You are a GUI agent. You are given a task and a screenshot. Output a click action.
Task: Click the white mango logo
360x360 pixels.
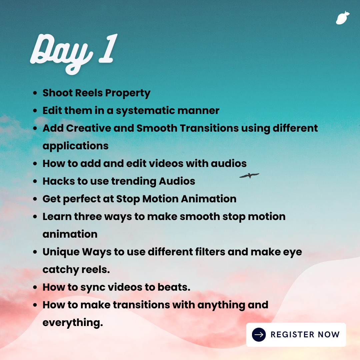(x=343, y=18)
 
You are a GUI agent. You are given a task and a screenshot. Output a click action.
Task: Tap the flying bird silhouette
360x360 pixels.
(x=249, y=176)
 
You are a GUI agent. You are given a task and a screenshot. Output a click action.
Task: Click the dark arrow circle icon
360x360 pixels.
(x=259, y=335)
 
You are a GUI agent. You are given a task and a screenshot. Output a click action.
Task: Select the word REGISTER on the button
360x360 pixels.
(x=293, y=335)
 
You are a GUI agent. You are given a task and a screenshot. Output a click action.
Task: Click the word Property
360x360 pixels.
(x=128, y=93)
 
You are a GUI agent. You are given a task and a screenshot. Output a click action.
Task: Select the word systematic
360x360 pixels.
(x=145, y=111)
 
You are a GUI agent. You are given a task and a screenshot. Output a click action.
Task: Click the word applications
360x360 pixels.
(x=76, y=146)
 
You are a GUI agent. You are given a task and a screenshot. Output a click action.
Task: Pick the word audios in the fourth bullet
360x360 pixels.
(x=229, y=163)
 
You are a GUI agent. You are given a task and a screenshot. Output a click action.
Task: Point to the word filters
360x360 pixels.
(x=210, y=252)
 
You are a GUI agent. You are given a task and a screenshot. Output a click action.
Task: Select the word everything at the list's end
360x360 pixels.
(x=73, y=323)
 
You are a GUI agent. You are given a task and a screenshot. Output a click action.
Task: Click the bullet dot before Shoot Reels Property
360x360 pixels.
(x=35, y=93)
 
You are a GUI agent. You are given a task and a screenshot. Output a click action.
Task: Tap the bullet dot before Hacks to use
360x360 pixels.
(x=35, y=181)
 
